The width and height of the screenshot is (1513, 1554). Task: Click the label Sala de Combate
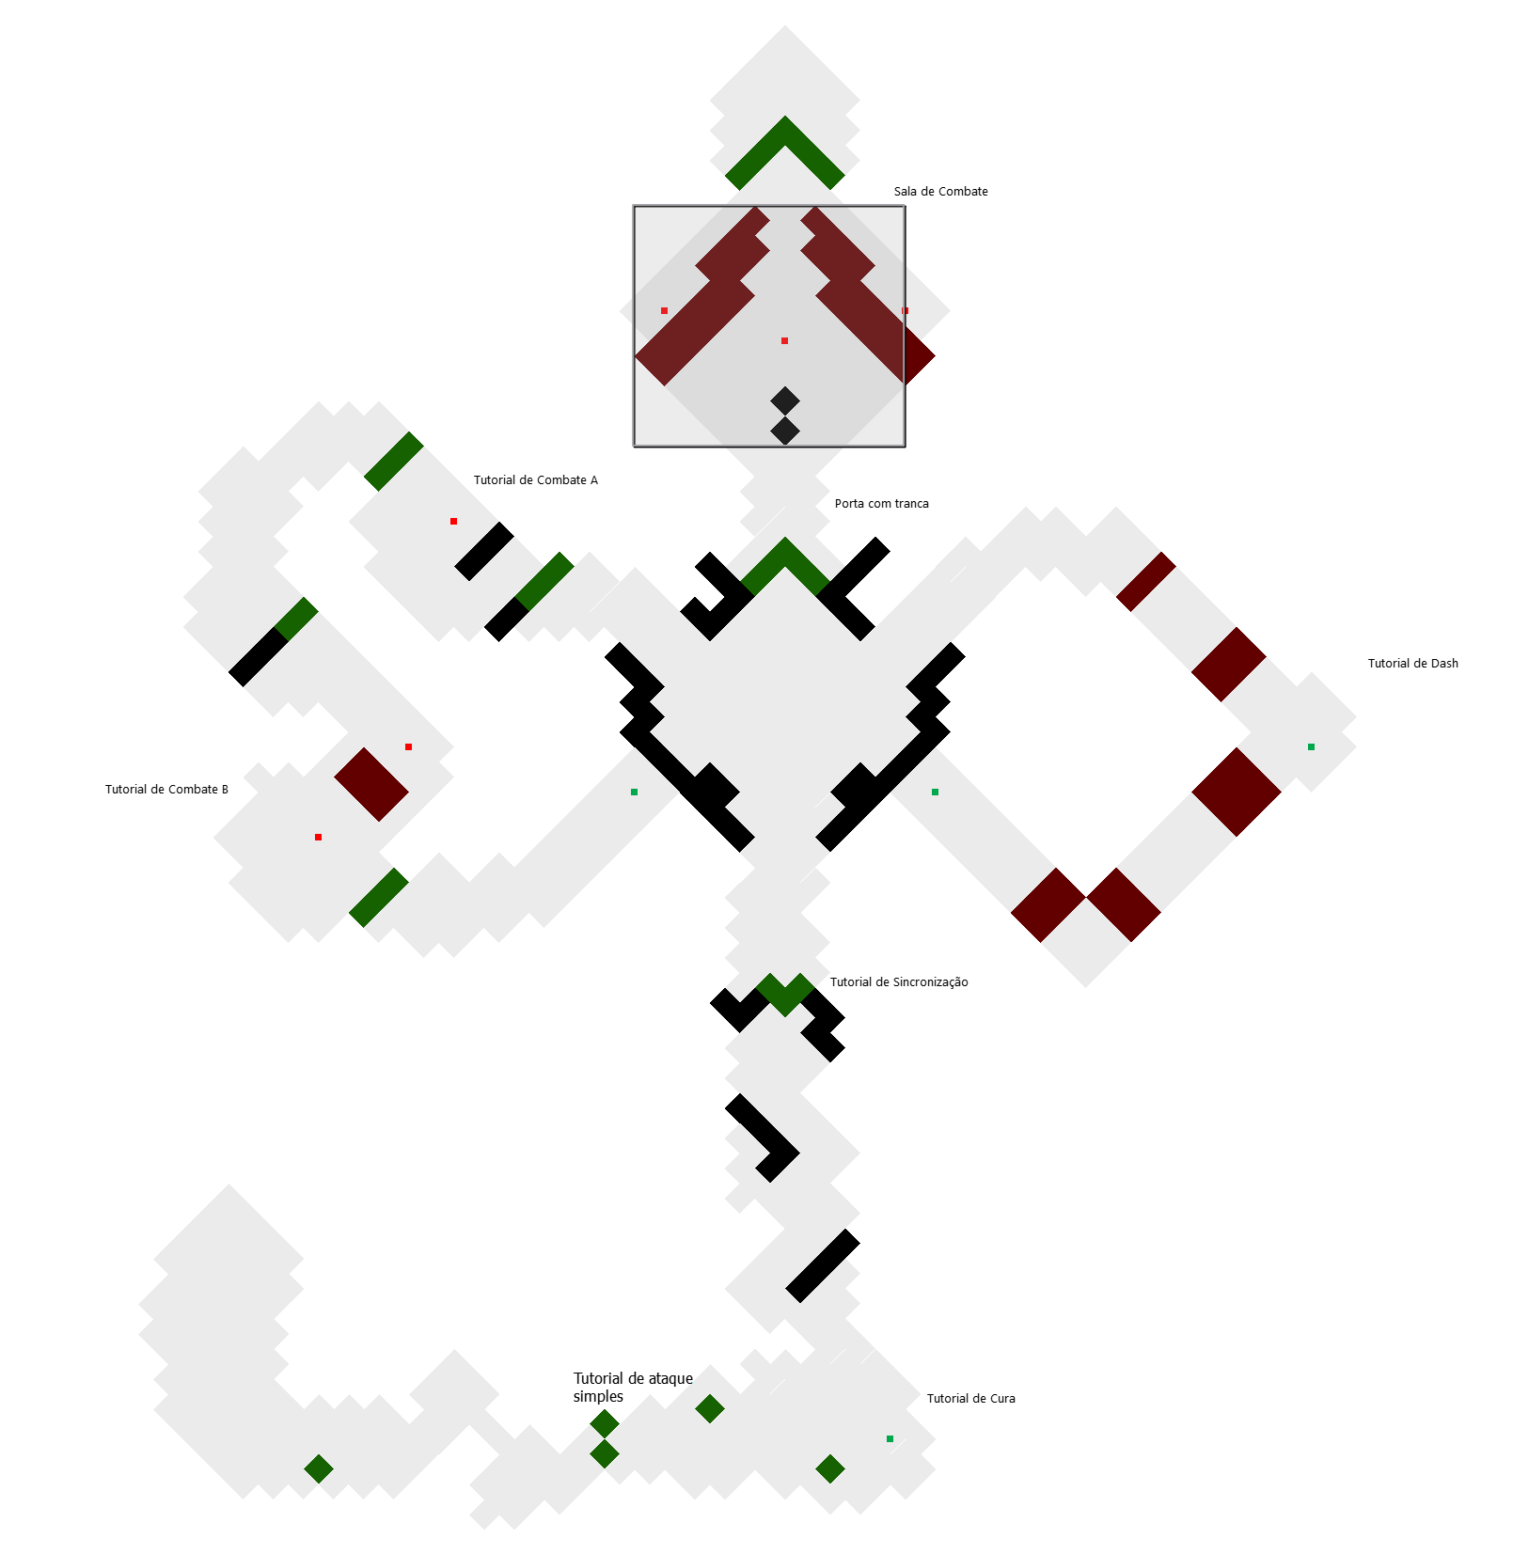tap(940, 192)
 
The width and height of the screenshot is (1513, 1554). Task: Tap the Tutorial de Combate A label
tap(535, 480)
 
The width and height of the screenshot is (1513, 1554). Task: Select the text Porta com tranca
tap(881, 504)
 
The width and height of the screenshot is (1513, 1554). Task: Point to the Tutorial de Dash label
tap(1412, 664)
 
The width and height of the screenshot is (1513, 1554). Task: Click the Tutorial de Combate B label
tap(166, 790)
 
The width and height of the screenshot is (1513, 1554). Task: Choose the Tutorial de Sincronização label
tap(899, 982)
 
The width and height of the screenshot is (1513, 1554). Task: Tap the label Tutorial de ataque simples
tap(633, 1388)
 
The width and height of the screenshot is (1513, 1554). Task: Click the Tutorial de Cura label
tap(970, 1399)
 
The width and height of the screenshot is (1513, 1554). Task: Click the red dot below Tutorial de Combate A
tap(453, 521)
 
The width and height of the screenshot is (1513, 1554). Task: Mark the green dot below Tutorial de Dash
tap(1311, 746)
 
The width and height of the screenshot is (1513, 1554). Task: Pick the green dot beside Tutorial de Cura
tap(890, 1438)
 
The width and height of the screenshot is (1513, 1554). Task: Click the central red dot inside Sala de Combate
tap(784, 340)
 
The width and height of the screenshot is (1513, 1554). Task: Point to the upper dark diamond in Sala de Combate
tap(785, 401)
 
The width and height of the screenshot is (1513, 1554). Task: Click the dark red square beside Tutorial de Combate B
tap(371, 784)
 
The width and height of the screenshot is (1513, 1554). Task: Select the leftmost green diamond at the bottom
tap(319, 1468)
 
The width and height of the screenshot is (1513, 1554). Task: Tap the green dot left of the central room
tap(634, 792)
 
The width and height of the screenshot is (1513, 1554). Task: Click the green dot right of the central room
tap(935, 792)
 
